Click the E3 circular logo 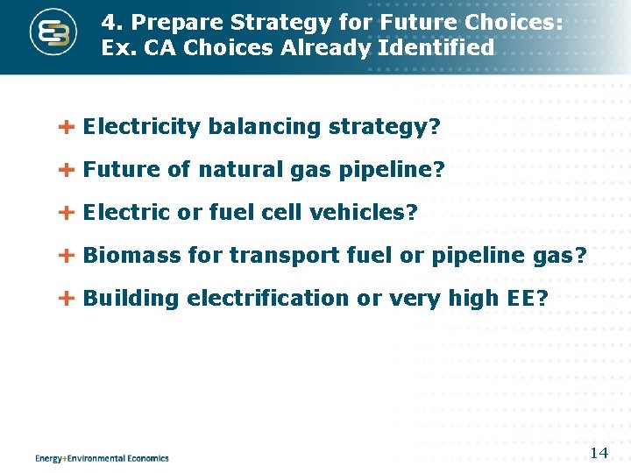point(53,34)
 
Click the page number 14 point(599,453)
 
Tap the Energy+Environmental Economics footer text point(102,458)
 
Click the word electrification point(266,299)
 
